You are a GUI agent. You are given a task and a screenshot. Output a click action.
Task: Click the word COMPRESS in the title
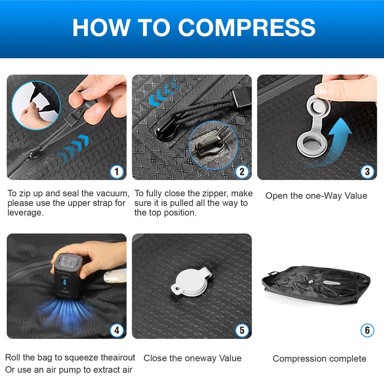pos(247,27)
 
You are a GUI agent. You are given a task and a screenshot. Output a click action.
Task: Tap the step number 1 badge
pos(117,172)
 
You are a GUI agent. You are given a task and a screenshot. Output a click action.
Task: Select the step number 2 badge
pos(242,172)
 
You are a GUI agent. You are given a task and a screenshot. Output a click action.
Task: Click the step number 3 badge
pos(367,172)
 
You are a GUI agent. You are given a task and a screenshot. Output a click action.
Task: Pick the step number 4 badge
pos(117,330)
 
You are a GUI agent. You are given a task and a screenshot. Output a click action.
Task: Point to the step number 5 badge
pos(242,330)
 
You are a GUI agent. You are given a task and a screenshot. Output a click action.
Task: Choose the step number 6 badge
pos(367,330)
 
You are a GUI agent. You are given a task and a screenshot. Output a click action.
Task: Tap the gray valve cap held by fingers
pos(318,107)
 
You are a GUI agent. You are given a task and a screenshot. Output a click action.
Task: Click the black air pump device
pos(66,276)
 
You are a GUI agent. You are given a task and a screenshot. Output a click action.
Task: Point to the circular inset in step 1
pos(36,105)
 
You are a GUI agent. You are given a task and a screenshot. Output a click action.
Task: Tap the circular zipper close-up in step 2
pos(213,145)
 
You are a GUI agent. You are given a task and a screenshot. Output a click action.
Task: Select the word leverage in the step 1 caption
pos(25,213)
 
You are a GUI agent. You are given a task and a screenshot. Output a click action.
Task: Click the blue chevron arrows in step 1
pos(72,148)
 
